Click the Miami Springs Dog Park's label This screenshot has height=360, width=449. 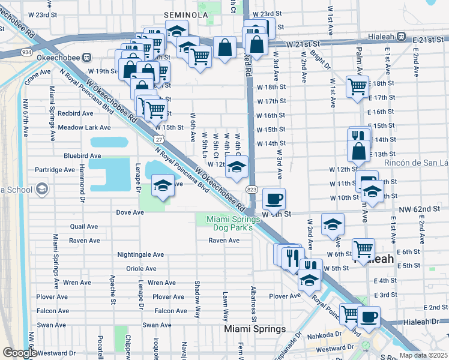click(x=229, y=223)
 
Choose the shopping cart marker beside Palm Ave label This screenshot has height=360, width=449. click(x=357, y=86)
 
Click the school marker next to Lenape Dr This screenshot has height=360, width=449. click(x=162, y=185)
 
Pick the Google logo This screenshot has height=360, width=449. click(x=20, y=353)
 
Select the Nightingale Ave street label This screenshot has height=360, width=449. click(x=140, y=254)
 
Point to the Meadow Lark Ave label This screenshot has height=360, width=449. click(x=84, y=127)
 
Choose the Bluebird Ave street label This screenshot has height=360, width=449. click(x=82, y=155)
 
